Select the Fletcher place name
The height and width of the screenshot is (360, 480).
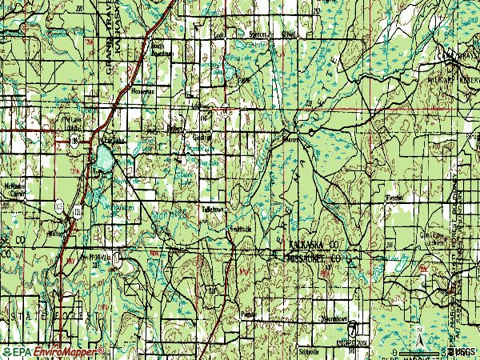click(x=395, y=194)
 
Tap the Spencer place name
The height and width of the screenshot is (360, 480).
click(x=255, y=36)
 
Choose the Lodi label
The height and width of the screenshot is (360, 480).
click(x=221, y=36)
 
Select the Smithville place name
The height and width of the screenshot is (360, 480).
click(x=242, y=229)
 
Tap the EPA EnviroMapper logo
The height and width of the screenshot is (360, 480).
click(x=53, y=351)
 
